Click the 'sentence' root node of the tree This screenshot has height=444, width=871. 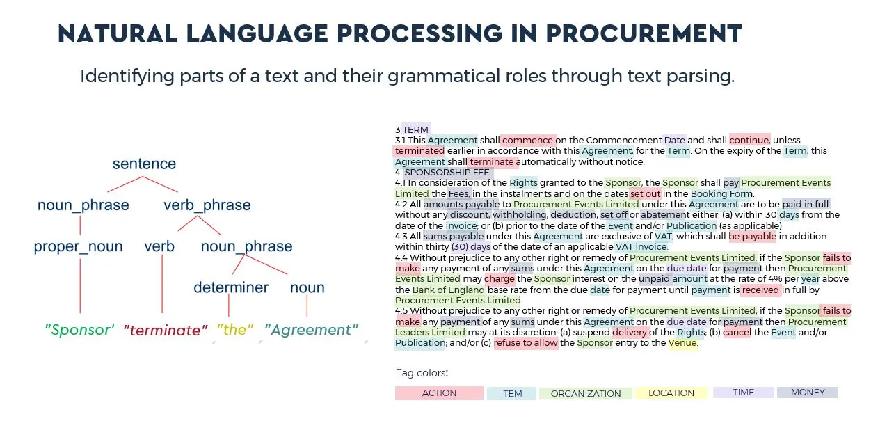point(144,164)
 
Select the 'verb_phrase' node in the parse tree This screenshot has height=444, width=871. point(207,205)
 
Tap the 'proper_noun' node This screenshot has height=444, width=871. point(78,246)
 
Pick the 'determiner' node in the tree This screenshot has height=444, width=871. point(231,287)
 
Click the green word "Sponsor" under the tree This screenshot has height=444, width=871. point(79,330)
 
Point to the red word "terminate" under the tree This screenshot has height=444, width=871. point(166,331)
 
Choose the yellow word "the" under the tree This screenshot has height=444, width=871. point(235,330)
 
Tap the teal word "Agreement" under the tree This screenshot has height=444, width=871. point(311,330)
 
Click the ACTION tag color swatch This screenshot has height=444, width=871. point(439,393)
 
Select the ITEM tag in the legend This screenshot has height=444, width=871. point(511,393)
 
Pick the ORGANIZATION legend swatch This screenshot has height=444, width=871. point(586,393)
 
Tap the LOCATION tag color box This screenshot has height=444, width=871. point(671,393)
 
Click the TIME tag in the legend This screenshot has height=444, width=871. point(744,393)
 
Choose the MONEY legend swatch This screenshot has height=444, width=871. point(808,393)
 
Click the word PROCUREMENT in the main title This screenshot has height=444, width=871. point(644,33)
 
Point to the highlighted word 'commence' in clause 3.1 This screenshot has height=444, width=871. point(527,140)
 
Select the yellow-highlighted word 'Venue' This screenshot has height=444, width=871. point(682,343)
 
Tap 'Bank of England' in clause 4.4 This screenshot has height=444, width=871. point(448,290)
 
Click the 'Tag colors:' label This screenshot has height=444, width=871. point(422,373)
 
